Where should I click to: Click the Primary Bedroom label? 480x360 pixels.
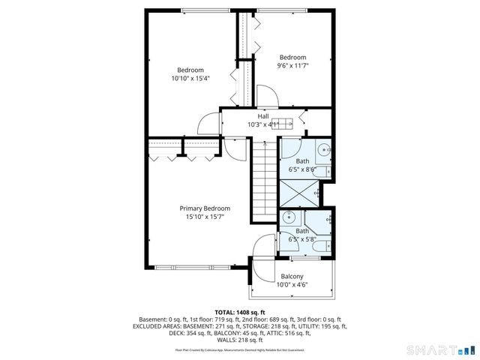(x=205, y=208)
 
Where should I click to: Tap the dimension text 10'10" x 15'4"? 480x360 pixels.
(x=190, y=78)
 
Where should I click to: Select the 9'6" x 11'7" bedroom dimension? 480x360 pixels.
(x=292, y=66)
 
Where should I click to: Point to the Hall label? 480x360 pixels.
(x=263, y=116)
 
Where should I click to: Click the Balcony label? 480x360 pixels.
(x=292, y=276)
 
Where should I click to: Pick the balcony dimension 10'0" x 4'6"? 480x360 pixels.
(x=292, y=284)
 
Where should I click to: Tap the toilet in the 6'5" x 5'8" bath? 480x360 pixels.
(x=319, y=244)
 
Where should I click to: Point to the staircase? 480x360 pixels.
(x=263, y=180)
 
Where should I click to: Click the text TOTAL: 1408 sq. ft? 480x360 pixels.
(x=240, y=312)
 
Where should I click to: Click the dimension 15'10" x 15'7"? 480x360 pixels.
(x=205, y=217)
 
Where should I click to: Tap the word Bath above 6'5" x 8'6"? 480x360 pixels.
(x=301, y=161)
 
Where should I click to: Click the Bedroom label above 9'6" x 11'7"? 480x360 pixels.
(x=292, y=57)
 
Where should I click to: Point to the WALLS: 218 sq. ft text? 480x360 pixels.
(x=240, y=340)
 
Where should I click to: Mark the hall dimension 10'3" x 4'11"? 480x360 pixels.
(x=263, y=124)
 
